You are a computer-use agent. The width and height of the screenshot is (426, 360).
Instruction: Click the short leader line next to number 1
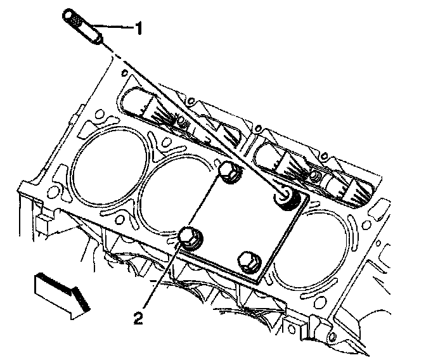tap(114, 28)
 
